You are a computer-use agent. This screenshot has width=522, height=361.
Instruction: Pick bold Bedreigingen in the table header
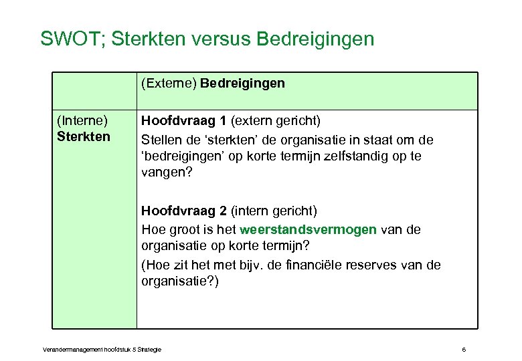[242, 84]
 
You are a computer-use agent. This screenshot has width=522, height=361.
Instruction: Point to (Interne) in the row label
[82, 121]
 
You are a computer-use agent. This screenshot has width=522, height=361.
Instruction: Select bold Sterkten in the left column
[83, 136]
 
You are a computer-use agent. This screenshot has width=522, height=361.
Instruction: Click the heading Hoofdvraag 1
[184, 121]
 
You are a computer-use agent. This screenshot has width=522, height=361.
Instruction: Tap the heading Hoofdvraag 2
[184, 211]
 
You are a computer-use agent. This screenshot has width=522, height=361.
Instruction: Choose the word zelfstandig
[349, 156]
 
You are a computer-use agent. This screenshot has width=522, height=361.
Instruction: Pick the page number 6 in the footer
[463, 349]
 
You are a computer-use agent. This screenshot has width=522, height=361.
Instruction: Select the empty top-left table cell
[94, 91]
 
